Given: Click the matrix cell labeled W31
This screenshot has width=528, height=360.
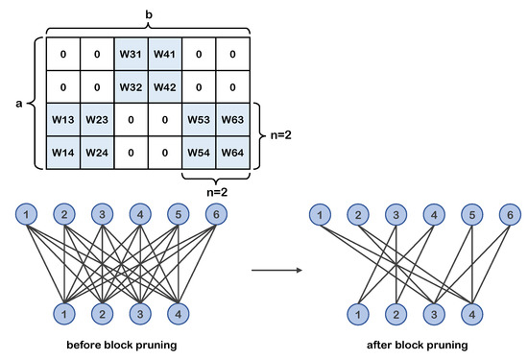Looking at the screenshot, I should (131, 53).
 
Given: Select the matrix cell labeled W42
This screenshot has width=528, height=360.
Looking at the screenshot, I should (165, 86).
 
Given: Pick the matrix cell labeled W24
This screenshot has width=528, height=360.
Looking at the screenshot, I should (97, 153).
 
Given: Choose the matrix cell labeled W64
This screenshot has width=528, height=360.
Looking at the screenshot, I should (232, 153).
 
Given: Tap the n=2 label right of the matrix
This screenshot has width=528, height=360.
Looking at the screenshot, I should (282, 135).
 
